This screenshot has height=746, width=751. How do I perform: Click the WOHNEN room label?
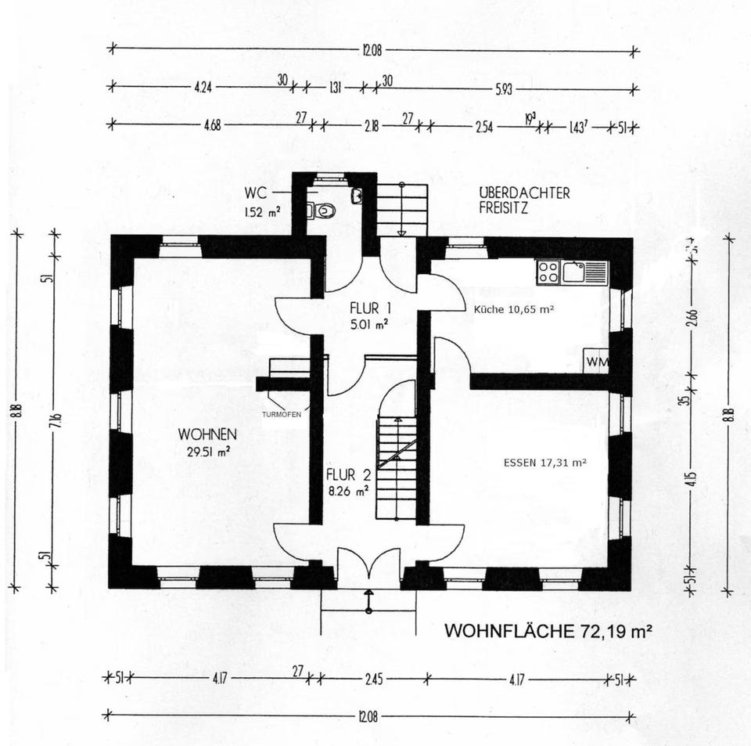(207, 434)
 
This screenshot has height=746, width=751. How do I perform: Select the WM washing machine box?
(598, 362)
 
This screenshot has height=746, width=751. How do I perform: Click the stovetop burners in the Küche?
(548, 272)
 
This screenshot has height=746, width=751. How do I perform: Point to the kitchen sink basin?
(574, 272)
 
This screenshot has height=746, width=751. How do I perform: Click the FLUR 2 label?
(347, 475)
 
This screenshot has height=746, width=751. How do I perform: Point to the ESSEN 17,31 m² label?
(545, 463)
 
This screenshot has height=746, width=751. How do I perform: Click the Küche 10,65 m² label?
(514, 309)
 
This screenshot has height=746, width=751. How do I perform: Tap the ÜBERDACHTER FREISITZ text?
(525, 200)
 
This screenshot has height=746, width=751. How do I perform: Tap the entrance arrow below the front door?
(368, 600)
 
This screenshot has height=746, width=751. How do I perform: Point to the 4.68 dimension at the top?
(211, 125)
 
